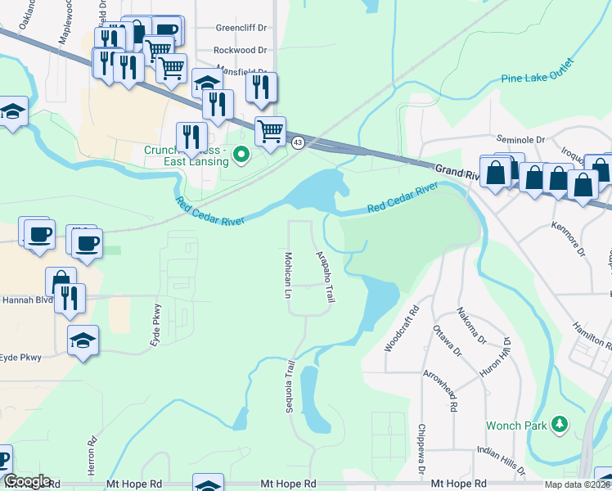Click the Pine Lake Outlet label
coord(546,74)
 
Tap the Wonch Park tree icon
coord(560,423)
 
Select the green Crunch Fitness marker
coord(241,153)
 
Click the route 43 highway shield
coord(298,143)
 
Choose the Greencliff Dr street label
coord(241,27)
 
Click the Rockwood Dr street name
coord(241,50)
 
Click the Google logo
coord(26,481)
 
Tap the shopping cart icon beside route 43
coord(270,131)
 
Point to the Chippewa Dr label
coord(421,449)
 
